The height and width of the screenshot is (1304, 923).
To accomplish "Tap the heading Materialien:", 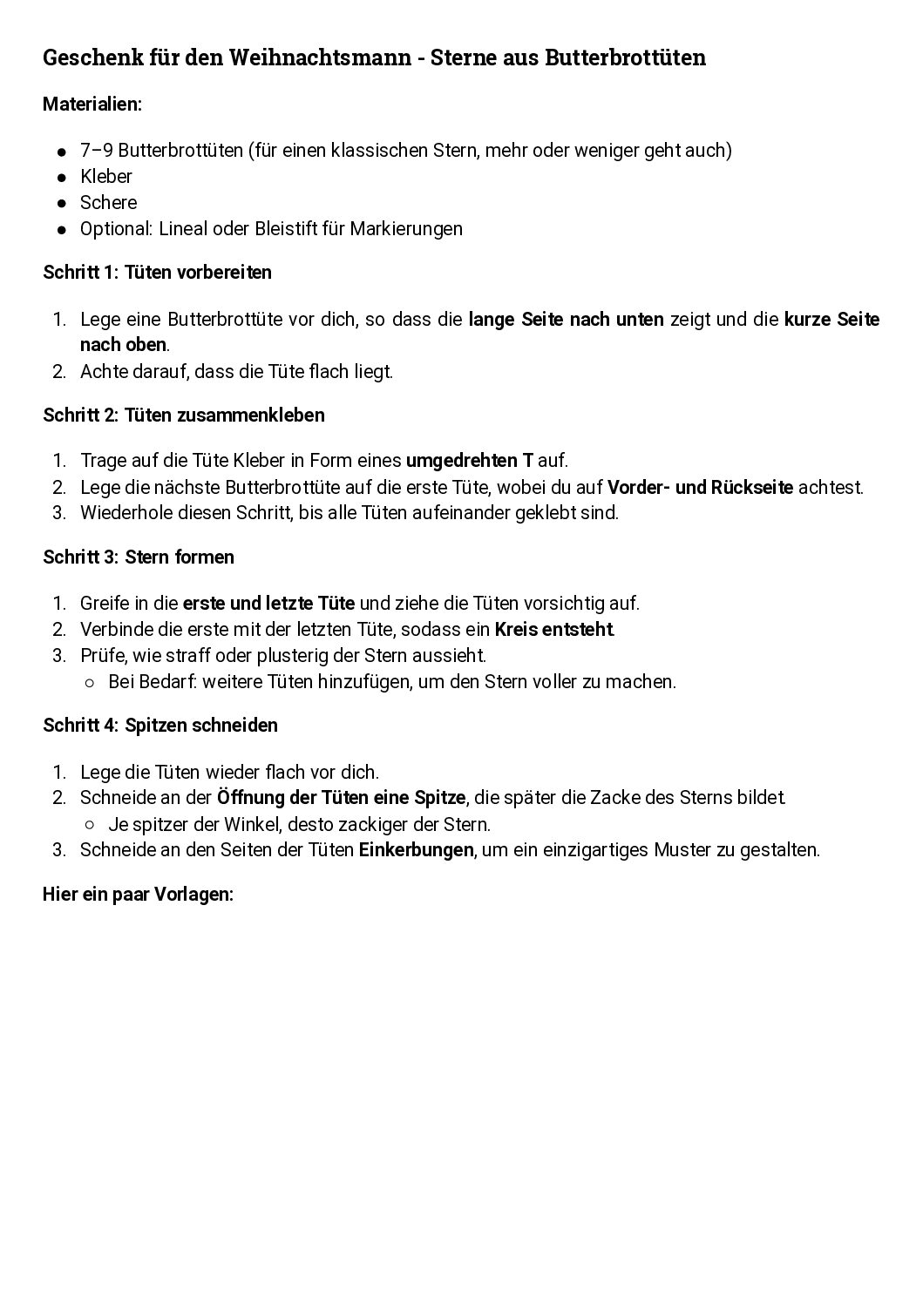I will coord(92,105).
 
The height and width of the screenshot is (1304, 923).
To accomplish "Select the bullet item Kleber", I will coord(106,177).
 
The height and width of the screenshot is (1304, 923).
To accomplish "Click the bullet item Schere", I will coord(108,203).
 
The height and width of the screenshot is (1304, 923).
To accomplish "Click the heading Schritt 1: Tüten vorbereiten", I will coord(157,273).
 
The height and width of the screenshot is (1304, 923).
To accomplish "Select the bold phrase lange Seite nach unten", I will coord(566,320).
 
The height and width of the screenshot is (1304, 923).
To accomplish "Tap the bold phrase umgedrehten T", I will coord(469,461).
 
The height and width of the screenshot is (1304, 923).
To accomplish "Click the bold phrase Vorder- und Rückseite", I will coord(700,487).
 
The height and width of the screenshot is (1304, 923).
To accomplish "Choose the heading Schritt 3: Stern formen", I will coord(139,557).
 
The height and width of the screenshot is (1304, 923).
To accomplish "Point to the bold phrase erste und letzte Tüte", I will coord(268,604).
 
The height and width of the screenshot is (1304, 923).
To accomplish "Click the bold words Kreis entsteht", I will coord(553,630).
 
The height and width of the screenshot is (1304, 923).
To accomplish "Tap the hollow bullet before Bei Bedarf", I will coord(90,682).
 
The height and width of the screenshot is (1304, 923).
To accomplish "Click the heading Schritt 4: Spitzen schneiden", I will coord(160,726).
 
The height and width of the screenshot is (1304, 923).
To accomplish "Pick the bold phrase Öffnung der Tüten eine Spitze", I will coord(342,798).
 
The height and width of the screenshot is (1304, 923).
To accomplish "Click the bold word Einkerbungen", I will coord(416,850).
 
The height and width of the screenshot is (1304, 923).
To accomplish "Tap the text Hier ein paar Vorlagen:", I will coord(138,895).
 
